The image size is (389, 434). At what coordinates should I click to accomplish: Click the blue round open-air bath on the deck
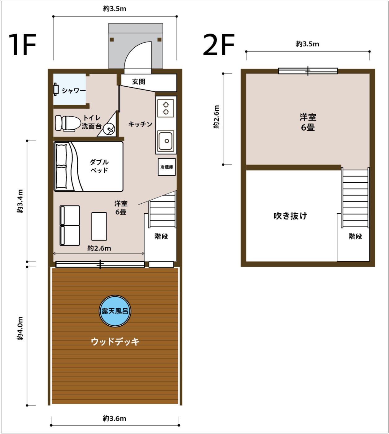(115, 311)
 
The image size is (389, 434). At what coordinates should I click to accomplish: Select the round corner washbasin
(109, 129)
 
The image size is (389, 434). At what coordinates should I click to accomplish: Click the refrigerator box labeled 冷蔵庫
(167, 167)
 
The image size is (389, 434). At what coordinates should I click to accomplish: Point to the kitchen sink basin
(165, 141)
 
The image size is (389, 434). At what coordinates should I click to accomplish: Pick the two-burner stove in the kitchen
(165, 108)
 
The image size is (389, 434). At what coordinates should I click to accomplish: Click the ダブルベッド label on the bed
(99, 166)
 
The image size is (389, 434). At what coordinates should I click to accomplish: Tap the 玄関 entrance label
(138, 81)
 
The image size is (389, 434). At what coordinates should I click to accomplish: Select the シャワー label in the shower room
(74, 91)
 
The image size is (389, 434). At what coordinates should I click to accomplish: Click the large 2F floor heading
(219, 45)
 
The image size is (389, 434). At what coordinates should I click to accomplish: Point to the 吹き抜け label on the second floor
(290, 216)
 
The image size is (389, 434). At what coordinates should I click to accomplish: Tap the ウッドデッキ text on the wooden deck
(115, 341)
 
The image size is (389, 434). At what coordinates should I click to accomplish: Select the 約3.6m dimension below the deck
(115, 418)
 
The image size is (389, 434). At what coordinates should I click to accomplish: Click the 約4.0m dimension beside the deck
(20, 328)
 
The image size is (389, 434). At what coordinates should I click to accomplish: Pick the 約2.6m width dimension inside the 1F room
(99, 248)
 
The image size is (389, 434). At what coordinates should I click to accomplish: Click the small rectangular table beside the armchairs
(99, 226)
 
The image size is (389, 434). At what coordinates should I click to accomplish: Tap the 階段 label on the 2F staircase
(355, 236)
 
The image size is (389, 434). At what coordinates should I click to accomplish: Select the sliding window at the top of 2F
(308, 71)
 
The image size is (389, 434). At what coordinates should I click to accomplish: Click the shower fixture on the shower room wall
(56, 89)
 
